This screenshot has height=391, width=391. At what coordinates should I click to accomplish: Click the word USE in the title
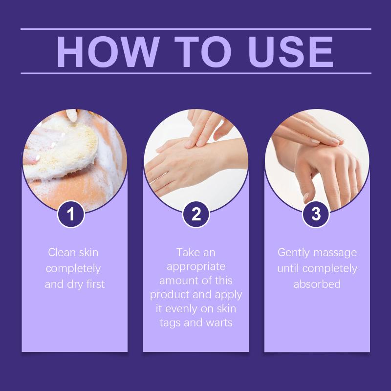tap(290, 52)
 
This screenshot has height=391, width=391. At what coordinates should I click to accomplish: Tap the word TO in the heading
tap(203, 52)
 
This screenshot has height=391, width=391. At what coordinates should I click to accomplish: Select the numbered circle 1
tap(71, 214)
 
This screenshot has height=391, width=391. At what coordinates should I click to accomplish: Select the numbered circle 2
tap(196, 214)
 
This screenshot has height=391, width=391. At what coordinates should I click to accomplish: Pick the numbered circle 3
tap(316, 214)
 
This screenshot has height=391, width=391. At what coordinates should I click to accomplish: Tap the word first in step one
tap(95, 284)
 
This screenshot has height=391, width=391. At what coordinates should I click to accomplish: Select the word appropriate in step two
tap(196, 267)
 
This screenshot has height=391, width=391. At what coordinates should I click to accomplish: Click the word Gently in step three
tap(294, 253)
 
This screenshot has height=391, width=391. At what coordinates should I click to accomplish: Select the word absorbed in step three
tap(317, 284)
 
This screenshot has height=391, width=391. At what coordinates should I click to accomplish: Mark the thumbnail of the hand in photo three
tap(306, 197)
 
